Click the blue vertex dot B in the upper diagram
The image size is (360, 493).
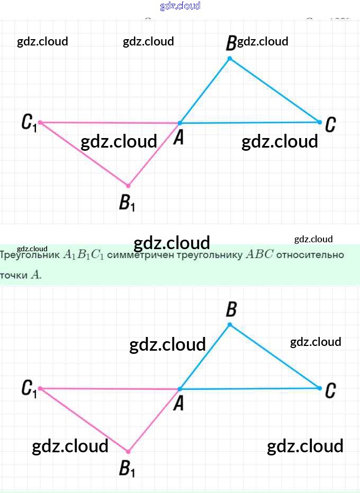[x=229, y=58]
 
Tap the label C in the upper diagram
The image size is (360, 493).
[x=330, y=125]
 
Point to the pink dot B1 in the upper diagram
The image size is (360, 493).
[x=128, y=186]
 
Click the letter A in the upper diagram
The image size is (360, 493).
[x=179, y=138]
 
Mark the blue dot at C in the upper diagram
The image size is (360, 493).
[x=320, y=122]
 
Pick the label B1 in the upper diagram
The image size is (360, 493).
[x=127, y=202]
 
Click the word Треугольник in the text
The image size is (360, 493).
[x=30, y=254]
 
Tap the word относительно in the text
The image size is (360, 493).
[x=310, y=254]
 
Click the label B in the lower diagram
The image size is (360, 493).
[x=231, y=309]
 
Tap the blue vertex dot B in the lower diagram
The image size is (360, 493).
[x=229, y=324]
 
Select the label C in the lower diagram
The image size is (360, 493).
[x=330, y=391]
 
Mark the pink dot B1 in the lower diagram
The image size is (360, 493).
[x=128, y=451]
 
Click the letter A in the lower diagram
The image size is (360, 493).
[x=179, y=404]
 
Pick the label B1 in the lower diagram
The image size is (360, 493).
[x=127, y=468]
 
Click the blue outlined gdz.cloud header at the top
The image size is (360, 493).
[x=180, y=6]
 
